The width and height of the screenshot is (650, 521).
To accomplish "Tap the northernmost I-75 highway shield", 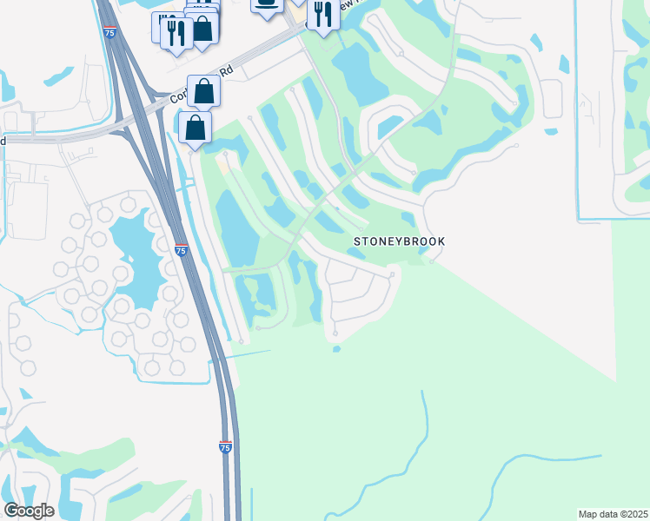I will point(109,32).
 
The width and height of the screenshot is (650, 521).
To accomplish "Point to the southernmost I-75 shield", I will point(225,447).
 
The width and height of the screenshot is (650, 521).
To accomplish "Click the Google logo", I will point(29,511).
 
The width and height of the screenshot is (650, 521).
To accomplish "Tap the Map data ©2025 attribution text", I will point(614,514).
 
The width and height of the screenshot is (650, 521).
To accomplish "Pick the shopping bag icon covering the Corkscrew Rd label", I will point(203,90).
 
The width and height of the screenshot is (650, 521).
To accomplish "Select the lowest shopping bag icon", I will point(196,128).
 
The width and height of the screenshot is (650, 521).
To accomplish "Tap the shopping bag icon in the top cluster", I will point(202,28).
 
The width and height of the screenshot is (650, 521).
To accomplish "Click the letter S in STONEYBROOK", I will point(355,241).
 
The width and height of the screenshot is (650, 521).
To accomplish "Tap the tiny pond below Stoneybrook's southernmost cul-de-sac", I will point(336,350).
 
